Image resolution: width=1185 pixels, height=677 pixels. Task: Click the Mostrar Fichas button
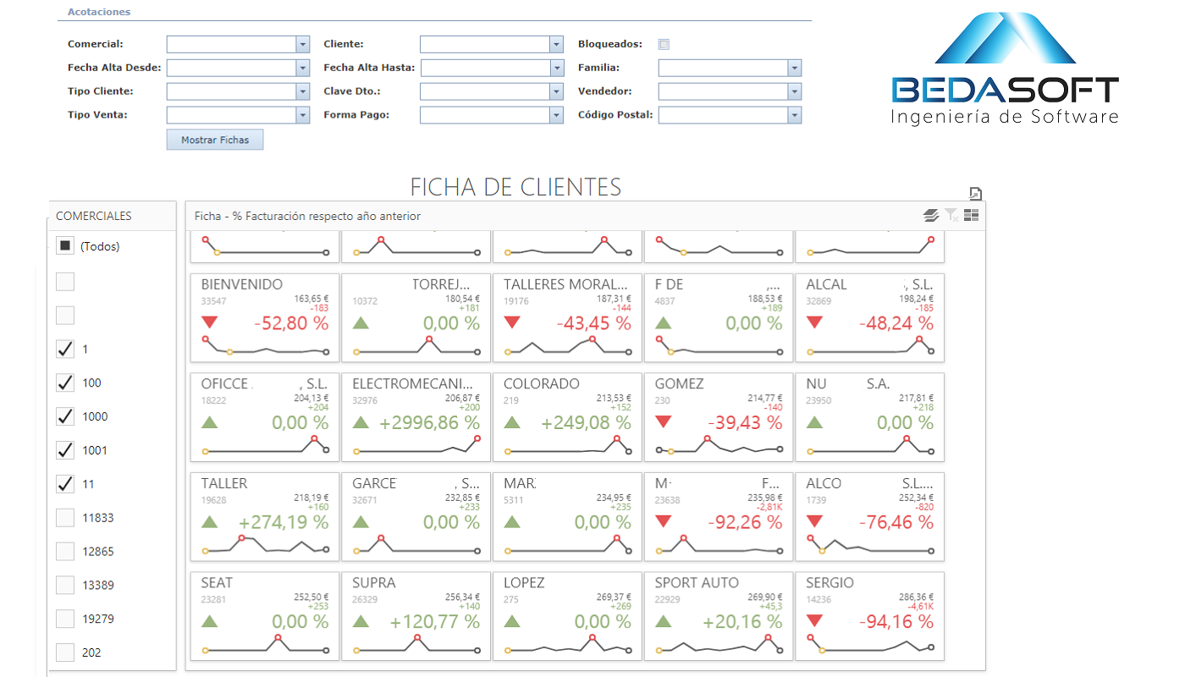click(x=215, y=140)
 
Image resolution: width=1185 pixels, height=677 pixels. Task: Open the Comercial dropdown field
click(x=238, y=44)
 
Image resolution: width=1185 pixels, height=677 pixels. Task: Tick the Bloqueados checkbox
click(x=664, y=44)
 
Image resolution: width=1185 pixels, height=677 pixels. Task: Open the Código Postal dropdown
click(x=730, y=115)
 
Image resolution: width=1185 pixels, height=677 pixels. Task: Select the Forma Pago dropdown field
click(x=491, y=115)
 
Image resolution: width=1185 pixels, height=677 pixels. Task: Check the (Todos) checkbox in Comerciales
click(x=65, y=246)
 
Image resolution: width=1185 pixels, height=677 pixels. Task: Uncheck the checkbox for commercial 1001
click(x=65, y=450)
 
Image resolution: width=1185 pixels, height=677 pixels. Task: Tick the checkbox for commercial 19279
click(x=65, y=619)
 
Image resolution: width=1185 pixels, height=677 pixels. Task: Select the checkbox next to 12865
click(x=65, y=551)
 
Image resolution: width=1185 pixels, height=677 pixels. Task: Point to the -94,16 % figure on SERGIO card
click(x=896, y=622)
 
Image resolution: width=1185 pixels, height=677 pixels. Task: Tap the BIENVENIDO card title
click(x=242, y=284)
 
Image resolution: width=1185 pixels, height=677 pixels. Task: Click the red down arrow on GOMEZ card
click(x=664, y=421)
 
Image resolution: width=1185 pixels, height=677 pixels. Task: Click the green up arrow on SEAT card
click(x=210, y=621)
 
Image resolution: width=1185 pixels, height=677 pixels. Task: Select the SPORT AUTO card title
click(x=697, y=583)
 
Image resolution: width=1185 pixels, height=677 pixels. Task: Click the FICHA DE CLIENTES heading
click(x=515, y=187)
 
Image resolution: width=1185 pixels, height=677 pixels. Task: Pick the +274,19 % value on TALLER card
click(x=284, y=522)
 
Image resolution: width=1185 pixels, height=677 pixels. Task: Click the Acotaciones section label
click(x=99, y=12)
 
